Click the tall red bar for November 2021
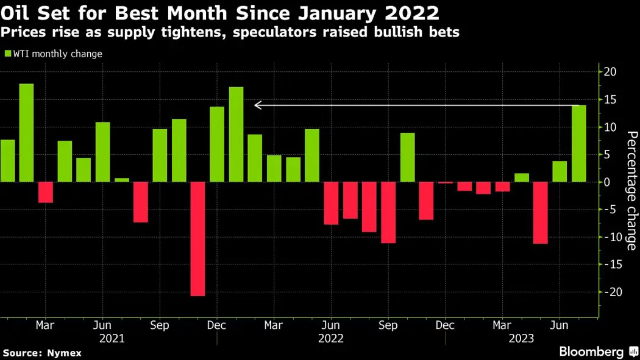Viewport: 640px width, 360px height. [x=197, y=239]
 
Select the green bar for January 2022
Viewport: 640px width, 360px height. [x=236, y=135]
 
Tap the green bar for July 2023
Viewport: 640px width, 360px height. [x=579, y=144]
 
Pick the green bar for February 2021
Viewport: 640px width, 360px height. [x=26, y=133]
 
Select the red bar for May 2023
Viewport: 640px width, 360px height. [x=541, y=213]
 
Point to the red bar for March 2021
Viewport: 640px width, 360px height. [x=46, y=192]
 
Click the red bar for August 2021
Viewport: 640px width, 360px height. [x=141, y=202]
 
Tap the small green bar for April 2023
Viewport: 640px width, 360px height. [x=522, y=177]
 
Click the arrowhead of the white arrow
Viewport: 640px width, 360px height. [x=258, y=105]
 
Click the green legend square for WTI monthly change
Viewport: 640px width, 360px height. [x=8, y=54]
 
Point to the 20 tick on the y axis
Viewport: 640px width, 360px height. [x=611, y=72]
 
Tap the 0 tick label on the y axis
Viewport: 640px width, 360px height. [x=607, y=182]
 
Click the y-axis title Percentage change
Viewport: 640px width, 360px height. [x=631, y=191]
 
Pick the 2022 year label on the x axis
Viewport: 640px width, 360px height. [x=331, y=339]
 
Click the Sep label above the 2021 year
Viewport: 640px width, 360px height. [x=160, y=325]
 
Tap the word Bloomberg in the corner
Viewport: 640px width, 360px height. [x=591, y=351]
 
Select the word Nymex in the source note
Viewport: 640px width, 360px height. [x=66, y=353]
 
